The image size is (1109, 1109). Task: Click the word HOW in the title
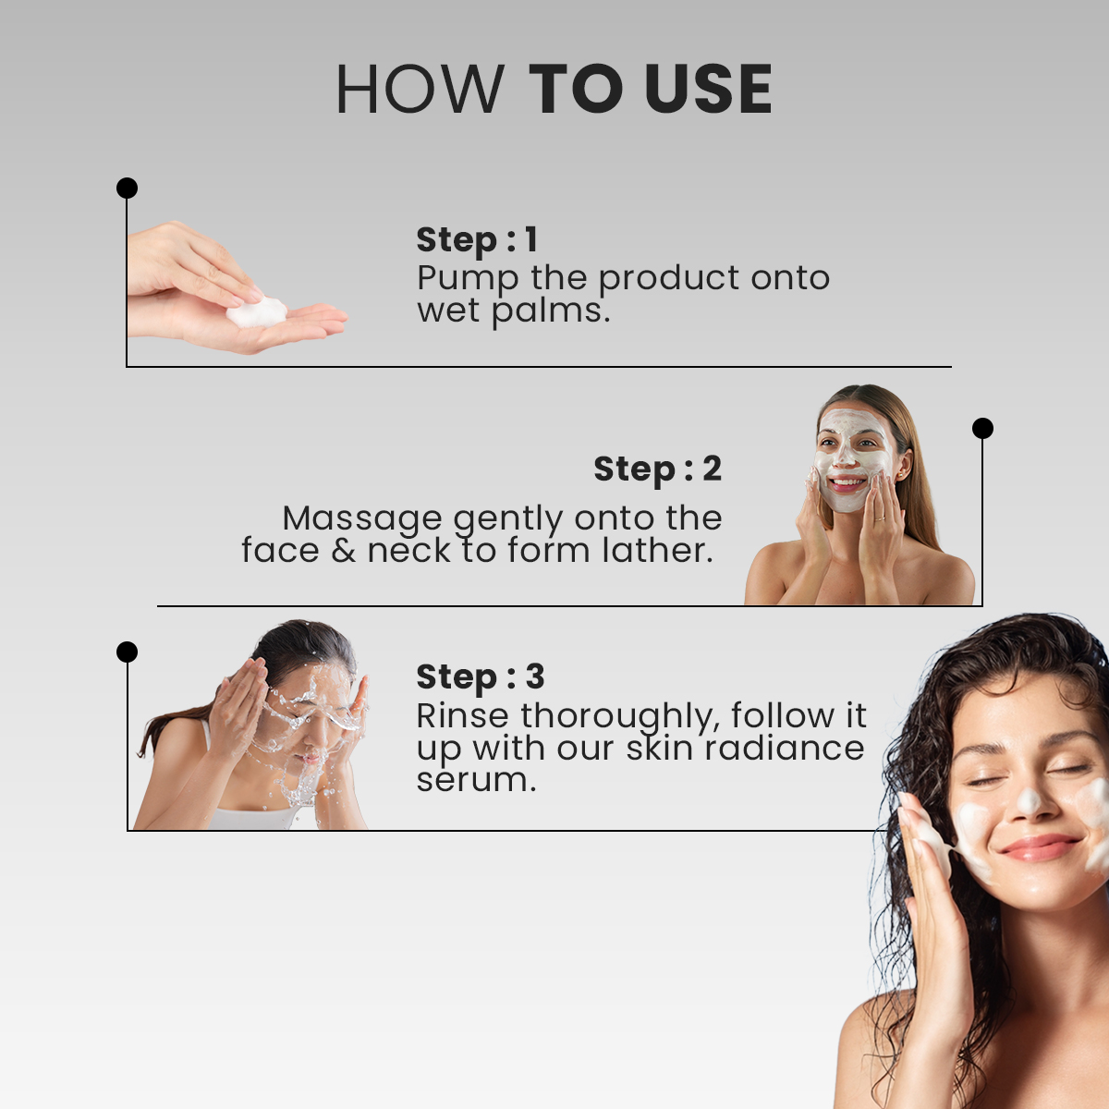420,89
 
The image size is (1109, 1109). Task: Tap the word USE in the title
709,89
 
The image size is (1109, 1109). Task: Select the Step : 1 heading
477,239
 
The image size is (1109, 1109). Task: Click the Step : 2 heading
657,469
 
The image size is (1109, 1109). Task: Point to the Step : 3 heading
481,676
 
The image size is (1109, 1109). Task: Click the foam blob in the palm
257,312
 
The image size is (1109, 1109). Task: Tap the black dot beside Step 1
127,188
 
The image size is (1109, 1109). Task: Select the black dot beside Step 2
982,428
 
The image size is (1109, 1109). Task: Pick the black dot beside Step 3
127,652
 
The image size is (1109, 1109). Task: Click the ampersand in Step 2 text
344,551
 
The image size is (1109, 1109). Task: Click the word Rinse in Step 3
462,716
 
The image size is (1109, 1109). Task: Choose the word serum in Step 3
476,781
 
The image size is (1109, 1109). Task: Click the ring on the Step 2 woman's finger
880,518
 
